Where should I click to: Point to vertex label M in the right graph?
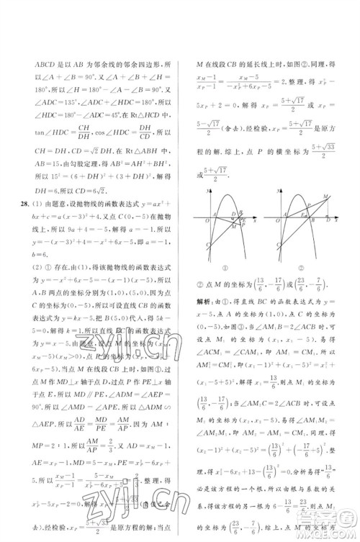(328, 197)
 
